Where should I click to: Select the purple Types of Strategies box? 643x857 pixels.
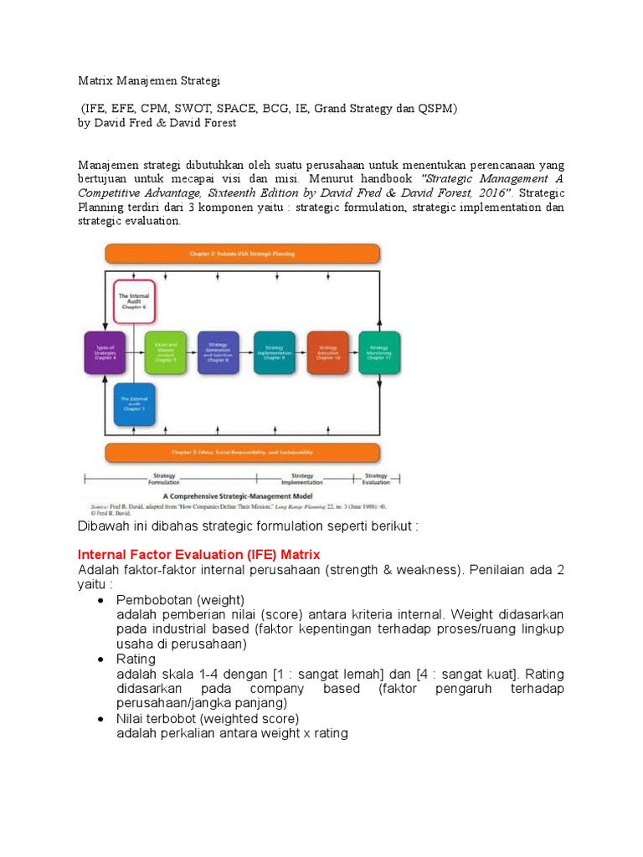[x=105, y=352]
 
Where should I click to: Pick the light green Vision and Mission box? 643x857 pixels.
[x=165, y=352]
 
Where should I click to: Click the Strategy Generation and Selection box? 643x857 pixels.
[x=219, y=352]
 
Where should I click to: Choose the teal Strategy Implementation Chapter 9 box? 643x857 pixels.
[x=274, y=352]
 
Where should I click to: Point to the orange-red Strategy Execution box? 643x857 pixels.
[x=327, y=352]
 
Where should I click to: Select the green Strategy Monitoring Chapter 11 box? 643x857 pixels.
[x=379, y=352]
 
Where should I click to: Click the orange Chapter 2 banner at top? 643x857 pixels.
[x=242, y=253]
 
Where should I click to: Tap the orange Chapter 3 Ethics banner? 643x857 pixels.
[x=242, y=453]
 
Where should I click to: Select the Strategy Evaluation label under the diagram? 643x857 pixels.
[x=376, y=478]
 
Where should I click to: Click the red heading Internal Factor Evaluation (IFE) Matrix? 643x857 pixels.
[x=198, y=555]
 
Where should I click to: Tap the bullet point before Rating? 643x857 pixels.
[x=100, y=659]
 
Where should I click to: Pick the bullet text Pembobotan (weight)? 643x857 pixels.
[x=180, y=600]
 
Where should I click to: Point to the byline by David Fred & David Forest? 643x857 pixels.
[x=157, y=123]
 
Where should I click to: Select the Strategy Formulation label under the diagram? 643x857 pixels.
[x=164, y=478]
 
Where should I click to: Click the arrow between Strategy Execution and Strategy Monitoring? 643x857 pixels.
[x=353, y=352]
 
